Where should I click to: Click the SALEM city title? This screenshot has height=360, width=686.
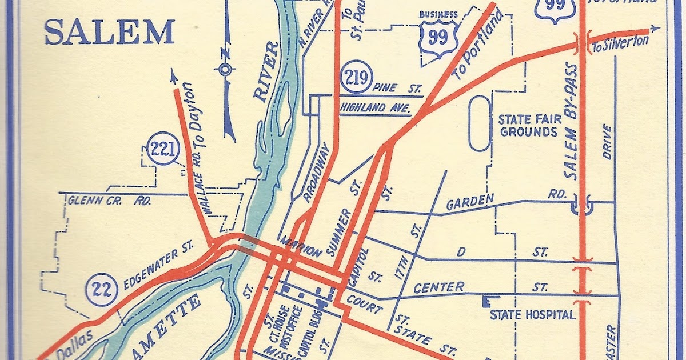pyautogui.click(x=109, y=32)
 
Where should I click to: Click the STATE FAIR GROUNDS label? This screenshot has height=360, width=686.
pyautogui.click(x=527, y=126)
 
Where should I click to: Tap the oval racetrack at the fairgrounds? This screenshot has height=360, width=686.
pyautogui.click(x=480, y=123)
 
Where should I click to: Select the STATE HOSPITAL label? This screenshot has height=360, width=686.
pyautogui.click(x=532, y=315)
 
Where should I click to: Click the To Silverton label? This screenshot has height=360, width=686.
pyautogui.click(x=620, y=44)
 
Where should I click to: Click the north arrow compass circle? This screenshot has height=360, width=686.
pyautogui.click(x=225, y=70)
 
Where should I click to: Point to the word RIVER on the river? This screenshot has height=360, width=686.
pyautogui.click(x=268, y=73)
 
